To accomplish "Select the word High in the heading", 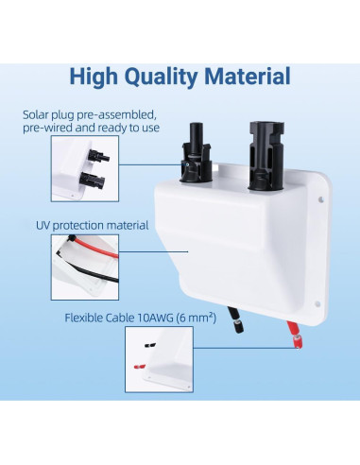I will (97, 77).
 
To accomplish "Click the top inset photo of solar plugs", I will (81, 171).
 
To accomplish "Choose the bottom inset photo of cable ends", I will (81, 364).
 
